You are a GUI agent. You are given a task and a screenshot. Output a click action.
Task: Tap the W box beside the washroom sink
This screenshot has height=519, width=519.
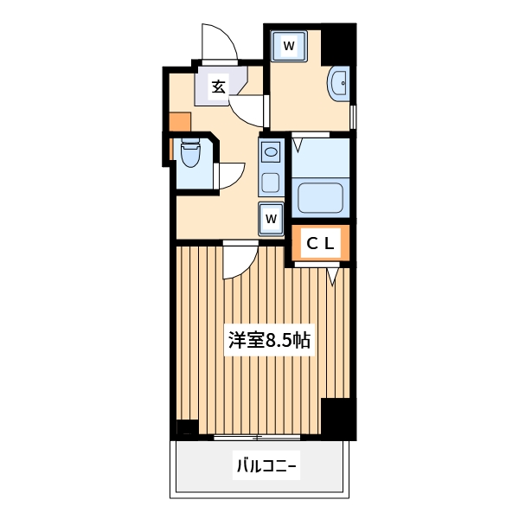(x=289, y=45)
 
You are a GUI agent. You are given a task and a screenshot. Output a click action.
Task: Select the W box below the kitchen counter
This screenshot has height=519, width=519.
(x=271, y=218)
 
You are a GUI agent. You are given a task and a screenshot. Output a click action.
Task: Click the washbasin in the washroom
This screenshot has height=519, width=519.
(x=339, y=86)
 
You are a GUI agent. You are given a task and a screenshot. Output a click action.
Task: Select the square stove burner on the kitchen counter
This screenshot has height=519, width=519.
(x=271, y=183)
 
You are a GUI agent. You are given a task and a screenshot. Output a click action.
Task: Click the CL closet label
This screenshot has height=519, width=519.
(x=320, y=244)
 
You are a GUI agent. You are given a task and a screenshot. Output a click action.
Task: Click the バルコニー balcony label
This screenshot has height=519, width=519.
(x=266, y=469)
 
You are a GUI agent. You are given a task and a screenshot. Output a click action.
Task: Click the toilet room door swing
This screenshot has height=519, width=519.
(x=229, y=176)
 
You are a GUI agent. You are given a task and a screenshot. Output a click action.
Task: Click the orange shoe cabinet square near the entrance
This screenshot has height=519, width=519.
(x=180, y=122)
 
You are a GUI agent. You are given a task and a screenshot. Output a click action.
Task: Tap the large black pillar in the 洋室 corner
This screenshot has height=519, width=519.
(x=337, y=419)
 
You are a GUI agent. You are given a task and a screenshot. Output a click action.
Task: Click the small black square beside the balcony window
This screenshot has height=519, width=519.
(x=187, y=427)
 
